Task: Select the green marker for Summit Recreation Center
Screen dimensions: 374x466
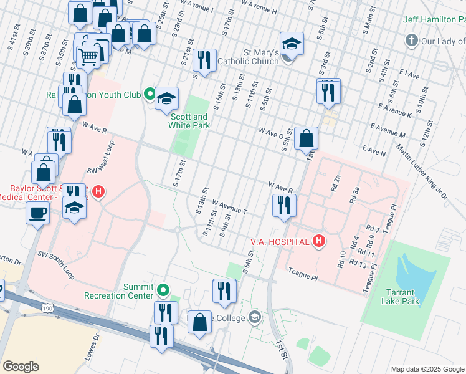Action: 163,290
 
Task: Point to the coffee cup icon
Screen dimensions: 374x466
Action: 37,213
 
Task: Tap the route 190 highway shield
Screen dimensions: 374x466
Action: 48,308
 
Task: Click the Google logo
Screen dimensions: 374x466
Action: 21,367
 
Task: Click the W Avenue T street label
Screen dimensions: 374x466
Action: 229,208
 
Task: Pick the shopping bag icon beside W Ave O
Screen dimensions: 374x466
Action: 306,138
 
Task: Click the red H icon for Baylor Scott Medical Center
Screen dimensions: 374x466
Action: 99,191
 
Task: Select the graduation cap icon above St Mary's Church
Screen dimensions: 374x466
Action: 291,44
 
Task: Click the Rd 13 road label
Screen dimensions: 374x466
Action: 359,265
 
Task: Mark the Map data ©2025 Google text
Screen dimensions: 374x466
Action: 427,369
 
